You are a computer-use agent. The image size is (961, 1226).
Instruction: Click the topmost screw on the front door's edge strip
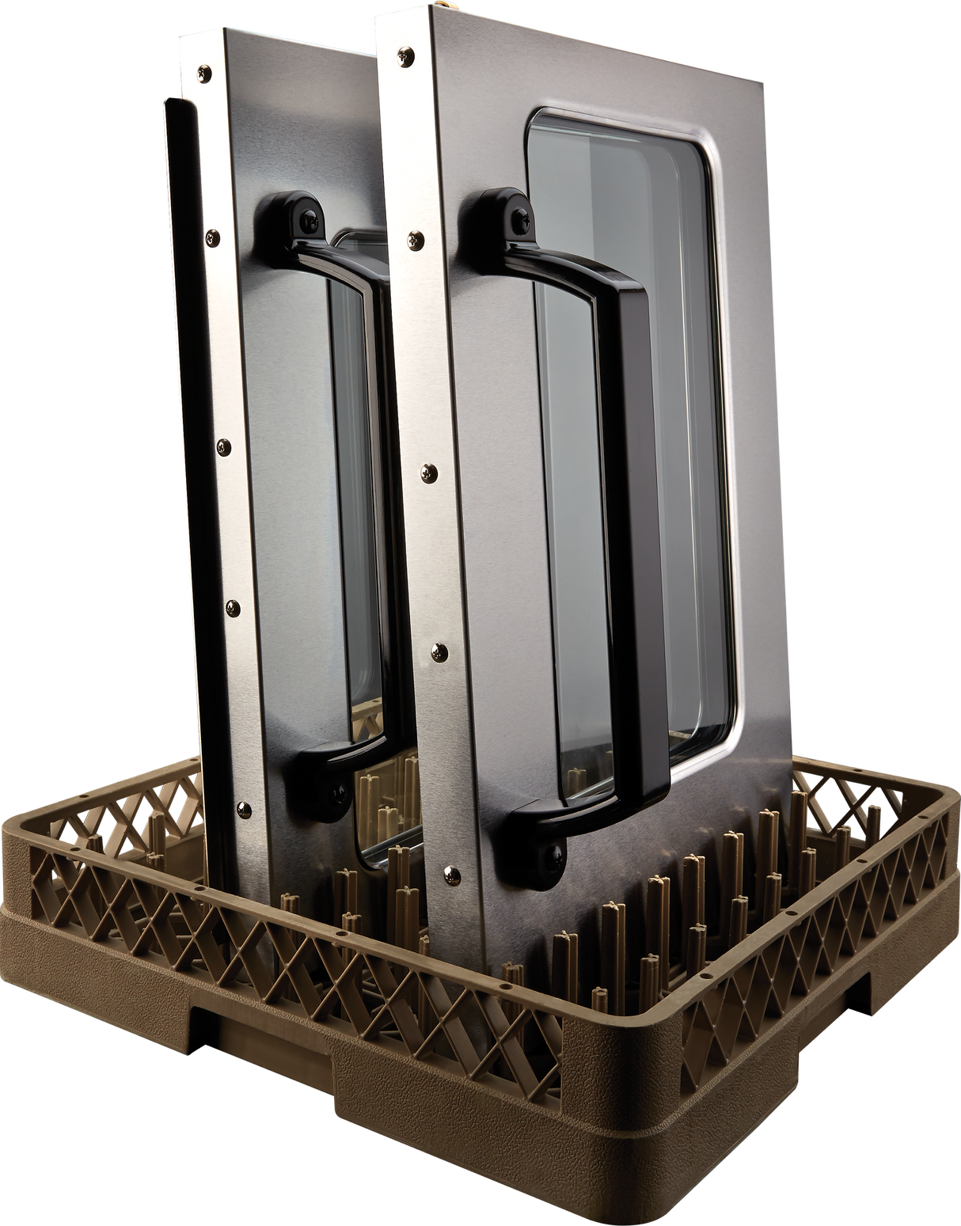406,55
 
